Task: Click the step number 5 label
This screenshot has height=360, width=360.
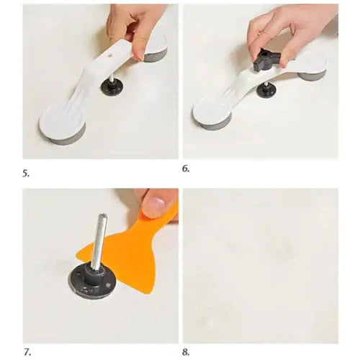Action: (x=26, y=174)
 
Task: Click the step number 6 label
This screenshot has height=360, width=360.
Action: (x=186, y=168)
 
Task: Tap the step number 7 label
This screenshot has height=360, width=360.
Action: (x=27, y=353)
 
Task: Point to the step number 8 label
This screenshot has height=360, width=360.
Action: (x=186, y=352)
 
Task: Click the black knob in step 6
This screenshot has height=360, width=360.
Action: (x=266, y=60)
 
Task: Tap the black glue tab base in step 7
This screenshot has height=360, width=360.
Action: (x=92, y=282)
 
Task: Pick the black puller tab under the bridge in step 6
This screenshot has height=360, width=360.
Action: (x=266, y=89)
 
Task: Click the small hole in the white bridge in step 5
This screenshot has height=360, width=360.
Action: (x=110, y=55)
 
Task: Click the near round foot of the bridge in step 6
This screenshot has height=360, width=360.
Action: (x=212, y=113)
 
